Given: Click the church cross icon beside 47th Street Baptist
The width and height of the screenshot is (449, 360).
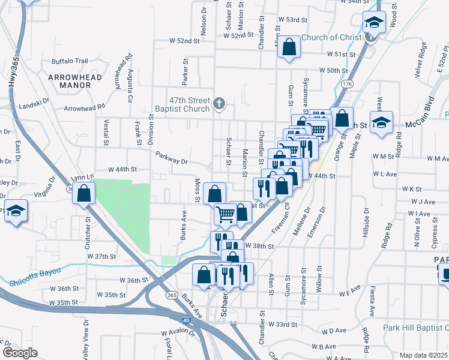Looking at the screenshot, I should tap(219, 104).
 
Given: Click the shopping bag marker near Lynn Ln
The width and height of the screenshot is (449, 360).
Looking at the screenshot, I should tap(83, 193).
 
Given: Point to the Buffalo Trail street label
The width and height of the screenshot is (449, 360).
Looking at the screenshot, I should tap(70, 61).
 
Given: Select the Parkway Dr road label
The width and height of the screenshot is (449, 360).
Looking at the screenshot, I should tap(172, 158).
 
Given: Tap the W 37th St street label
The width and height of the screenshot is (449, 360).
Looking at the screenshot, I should tap(101, 256).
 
